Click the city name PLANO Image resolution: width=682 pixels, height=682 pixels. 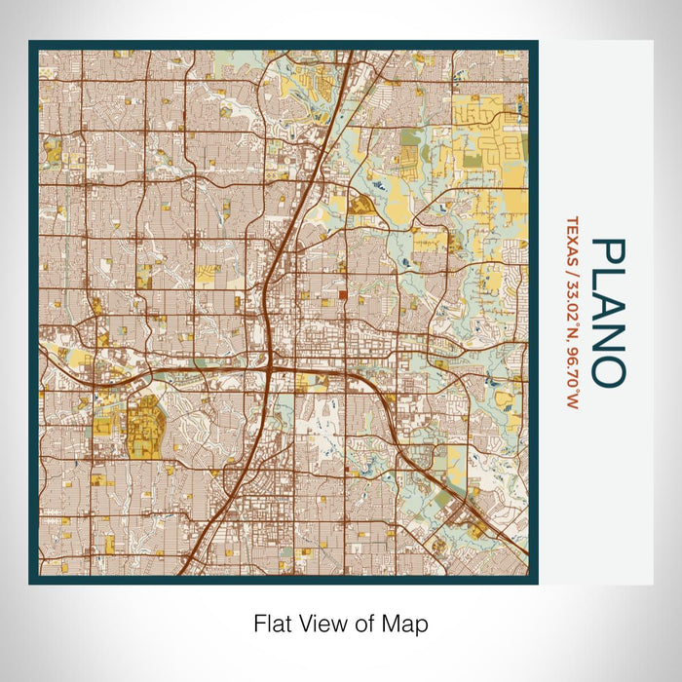606,311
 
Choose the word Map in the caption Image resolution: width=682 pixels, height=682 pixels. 406,624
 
